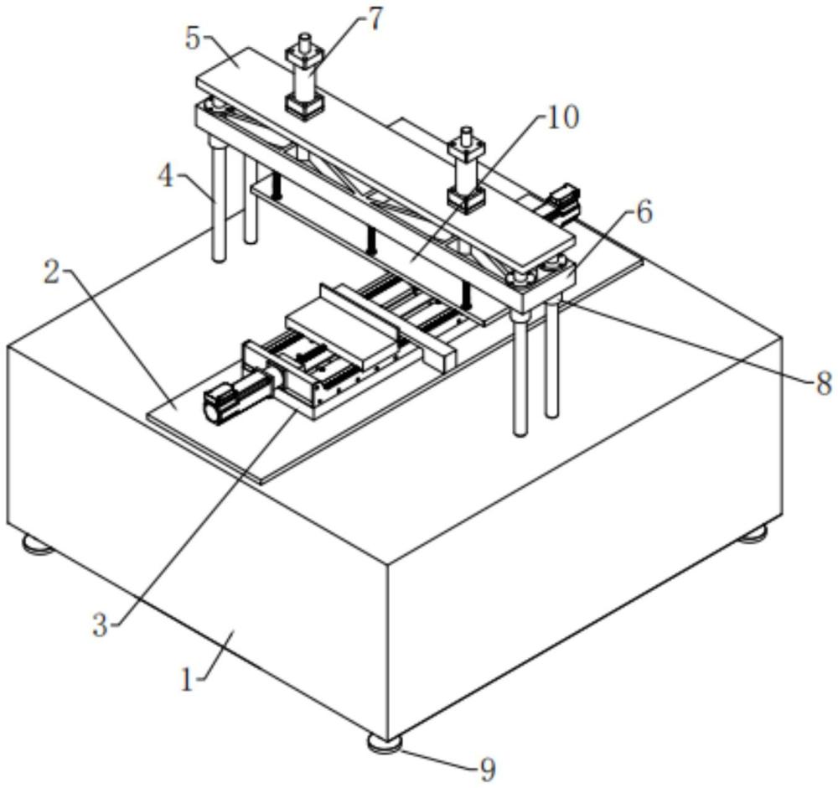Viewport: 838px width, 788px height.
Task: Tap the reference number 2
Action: [x=51, y=273]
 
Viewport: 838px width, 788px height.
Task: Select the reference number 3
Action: [x=101, y=625]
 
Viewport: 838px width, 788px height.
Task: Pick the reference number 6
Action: [x=644, y=213]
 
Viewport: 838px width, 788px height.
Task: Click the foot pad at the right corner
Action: [x=753, y=533]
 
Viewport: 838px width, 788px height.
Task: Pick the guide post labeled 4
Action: [x=218, y=200]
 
